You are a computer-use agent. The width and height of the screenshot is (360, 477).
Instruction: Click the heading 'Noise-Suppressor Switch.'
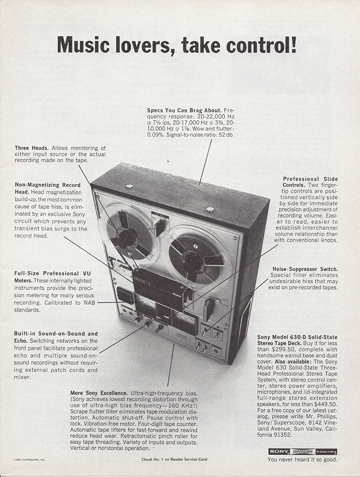point(305,269)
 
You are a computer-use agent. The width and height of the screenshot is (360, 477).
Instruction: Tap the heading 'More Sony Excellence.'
point(99,393)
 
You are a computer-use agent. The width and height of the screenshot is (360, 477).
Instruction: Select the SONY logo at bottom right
point(279,451)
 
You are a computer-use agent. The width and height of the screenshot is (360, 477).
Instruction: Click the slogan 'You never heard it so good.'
point(302,460)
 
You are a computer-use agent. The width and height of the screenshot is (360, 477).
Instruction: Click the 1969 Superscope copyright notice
point(30,460)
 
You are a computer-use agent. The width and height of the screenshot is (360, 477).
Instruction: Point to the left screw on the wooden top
point(129,186)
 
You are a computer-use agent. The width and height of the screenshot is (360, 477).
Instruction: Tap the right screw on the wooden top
point(210,209)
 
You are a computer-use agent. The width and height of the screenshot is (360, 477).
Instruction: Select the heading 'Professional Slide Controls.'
point(310,182)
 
